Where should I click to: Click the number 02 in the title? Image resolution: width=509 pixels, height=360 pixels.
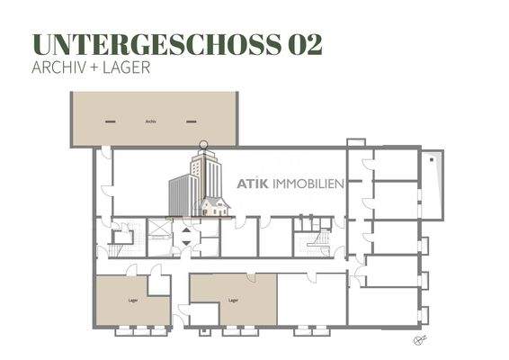[304, 45]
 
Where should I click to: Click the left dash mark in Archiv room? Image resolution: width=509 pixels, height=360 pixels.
[109, 121]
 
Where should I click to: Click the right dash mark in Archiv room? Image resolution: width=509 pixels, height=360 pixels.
[191, 121]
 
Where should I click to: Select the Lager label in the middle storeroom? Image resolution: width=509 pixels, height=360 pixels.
[233, 300]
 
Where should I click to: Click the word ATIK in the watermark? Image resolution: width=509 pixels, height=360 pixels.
[254, 183]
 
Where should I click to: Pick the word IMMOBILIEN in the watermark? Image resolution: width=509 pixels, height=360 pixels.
[312, 183]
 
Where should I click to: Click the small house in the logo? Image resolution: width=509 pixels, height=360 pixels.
[216, 208]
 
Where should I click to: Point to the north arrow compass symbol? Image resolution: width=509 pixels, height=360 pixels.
[417, 339]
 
